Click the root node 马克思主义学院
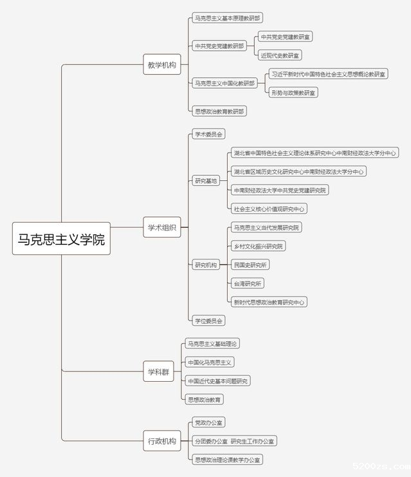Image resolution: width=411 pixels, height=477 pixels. click(x=62, y=239)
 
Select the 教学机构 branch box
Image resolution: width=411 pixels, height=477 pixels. click(x=161, y=65)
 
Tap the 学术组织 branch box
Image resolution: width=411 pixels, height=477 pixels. click(x=161, y=227)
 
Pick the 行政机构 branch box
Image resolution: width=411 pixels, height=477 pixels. click(x=161, y=441)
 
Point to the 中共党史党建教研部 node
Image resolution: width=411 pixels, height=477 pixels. click(x=219, y=46)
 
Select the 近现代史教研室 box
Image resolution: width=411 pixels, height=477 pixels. click(x=280, y=55)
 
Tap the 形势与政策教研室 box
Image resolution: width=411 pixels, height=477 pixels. click(x=293, y=93)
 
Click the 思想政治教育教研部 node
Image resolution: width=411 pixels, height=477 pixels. click(x=219, y=111)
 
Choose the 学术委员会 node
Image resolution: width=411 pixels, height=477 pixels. click(x=208, y=135)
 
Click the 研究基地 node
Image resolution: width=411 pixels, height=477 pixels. click(x=206, y=181)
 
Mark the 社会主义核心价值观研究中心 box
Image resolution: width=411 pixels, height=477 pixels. click(x=269, y=209)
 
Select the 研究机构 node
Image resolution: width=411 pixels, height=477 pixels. click(x=206, y=265)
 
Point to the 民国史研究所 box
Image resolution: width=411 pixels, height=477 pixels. click(x=250, y=265)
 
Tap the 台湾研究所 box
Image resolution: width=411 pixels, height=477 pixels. click(x=248, y=283)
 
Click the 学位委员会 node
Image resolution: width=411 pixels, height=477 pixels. click(x=208, y=320)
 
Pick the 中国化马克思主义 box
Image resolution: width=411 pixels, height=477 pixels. click(x=210, y=362)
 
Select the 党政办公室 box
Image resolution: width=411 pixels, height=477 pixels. click(x=208, y=422)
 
